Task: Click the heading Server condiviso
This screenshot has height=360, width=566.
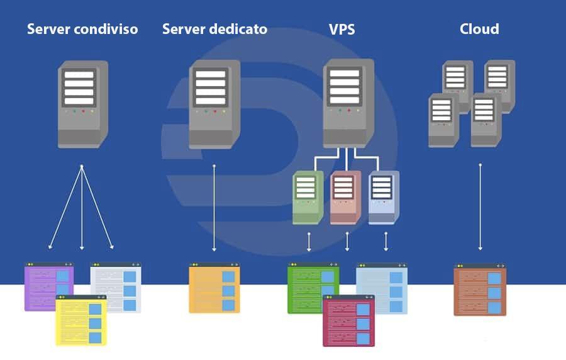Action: [x=82, y=29]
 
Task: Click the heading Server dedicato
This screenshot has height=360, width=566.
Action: [x=214, y=29]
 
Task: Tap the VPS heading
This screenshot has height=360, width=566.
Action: [x=342, y=29]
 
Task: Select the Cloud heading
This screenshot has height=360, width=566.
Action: [x=479, y=29]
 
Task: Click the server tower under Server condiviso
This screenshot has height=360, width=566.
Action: [x=83, y=104]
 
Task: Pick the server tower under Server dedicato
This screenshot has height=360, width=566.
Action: [x=214, y=104]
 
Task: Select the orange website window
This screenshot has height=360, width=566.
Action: [x=214, y=288]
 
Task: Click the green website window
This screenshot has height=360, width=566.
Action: [x=308, y=286]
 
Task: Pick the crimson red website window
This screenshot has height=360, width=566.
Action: [x=348, y=321]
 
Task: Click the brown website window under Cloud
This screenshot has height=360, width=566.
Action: [x=480, y=290]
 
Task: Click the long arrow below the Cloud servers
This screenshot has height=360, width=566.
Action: [x=480, y=208]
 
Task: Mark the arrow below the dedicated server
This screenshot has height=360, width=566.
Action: [x=214, y=208]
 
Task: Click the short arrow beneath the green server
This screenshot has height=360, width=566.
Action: [x=309, y=242]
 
